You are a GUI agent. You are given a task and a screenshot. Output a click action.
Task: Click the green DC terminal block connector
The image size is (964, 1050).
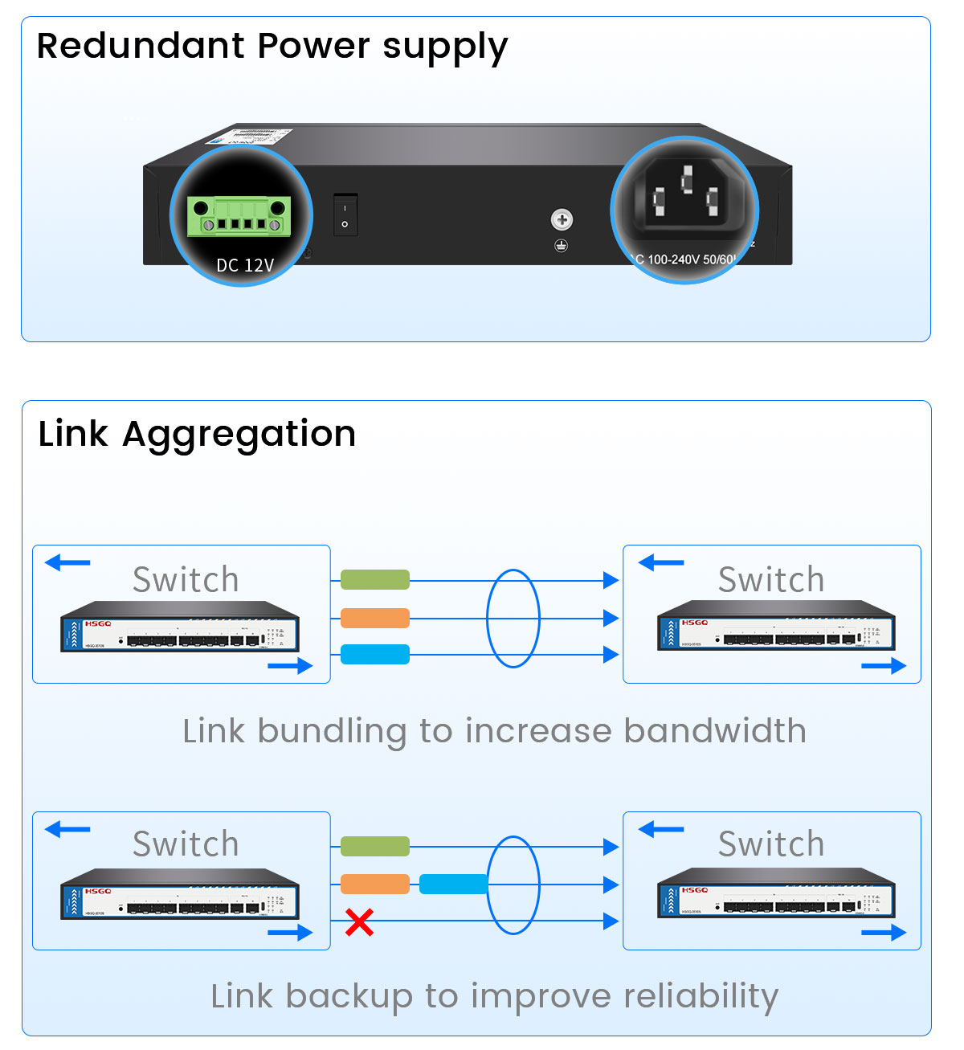tap(239, 216)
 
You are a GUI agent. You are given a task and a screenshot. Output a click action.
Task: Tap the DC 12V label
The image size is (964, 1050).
tap(245, 265)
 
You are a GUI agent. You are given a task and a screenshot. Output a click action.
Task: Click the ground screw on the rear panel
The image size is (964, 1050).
tap(562, 219)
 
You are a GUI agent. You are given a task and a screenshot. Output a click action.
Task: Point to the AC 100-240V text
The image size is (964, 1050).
tap(683, 259)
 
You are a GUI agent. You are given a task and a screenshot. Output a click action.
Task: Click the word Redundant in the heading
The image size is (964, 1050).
tap(141, 46)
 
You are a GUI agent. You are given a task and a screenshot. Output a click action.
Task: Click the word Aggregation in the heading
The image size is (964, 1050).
tap(239, 435)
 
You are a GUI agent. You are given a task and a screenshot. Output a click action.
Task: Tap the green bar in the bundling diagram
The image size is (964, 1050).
tap(375, 579)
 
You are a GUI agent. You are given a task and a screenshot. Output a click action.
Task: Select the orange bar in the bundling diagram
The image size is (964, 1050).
tap(375, 618)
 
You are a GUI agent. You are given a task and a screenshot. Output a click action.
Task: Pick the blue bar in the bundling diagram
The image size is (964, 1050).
tap(375, 655)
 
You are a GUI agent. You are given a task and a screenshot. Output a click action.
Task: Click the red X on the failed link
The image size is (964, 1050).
tap(359, 922)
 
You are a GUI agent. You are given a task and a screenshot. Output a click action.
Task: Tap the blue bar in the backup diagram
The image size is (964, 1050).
tap(453, 885)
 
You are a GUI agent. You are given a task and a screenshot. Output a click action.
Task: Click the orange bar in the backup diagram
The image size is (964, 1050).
tap(375, 885)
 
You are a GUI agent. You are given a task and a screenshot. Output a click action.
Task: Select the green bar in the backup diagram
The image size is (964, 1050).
tap(375, 846)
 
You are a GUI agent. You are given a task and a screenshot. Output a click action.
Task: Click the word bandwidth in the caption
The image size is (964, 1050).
tap(715, 731)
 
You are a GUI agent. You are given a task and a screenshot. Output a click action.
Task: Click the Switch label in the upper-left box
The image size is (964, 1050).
tap(186, 579)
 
